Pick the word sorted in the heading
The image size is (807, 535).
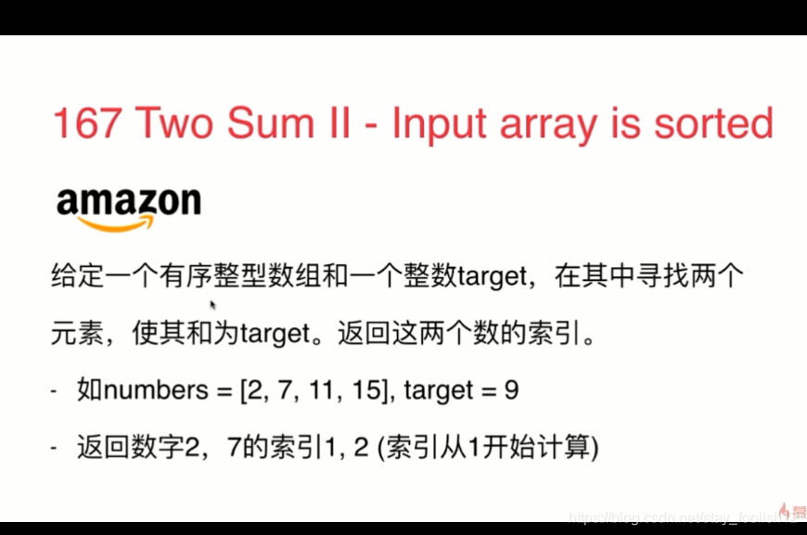710,123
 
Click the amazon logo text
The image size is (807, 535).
128,201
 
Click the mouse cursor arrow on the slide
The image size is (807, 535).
212,303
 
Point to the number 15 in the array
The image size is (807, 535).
364,390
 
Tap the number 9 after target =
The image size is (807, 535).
511,390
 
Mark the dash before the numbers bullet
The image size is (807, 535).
55,391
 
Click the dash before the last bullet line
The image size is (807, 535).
55,450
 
